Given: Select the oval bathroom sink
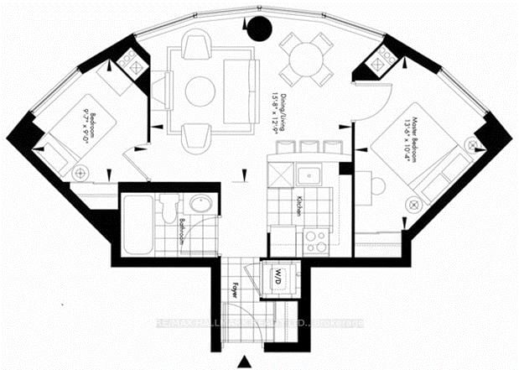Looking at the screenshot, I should (x=200, y=206).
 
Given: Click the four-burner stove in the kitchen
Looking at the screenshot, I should (x=315, y=240).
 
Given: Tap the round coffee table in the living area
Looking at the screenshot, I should (x=200, y=91).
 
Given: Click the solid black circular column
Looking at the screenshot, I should (x=260, y=30).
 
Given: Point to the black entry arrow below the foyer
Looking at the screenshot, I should (x=244, y=361).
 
